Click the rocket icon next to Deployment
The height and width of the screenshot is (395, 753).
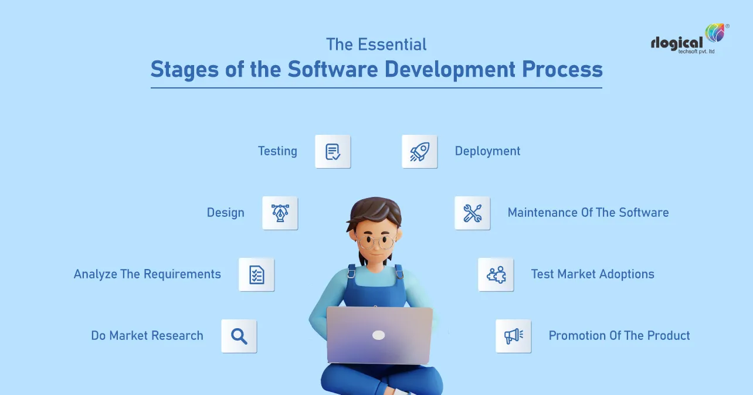419,152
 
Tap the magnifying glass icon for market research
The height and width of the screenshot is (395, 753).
239,336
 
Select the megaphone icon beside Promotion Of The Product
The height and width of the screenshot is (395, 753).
513,336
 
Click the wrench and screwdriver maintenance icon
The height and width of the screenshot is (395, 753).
472,213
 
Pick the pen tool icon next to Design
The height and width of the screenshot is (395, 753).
280,213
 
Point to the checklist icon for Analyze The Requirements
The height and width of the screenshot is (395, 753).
256,274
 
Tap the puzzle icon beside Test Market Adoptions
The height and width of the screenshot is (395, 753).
496,274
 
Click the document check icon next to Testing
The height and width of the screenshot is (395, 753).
333,152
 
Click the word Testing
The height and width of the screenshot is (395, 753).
277,151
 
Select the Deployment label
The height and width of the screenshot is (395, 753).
487,151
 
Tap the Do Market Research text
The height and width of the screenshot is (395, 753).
147,336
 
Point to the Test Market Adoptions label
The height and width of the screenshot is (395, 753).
592,274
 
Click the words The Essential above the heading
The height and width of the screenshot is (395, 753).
376,45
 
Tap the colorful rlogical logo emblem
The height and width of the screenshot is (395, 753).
715,33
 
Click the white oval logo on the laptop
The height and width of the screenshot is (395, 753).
379,335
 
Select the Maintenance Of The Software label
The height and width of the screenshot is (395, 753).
588,213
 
